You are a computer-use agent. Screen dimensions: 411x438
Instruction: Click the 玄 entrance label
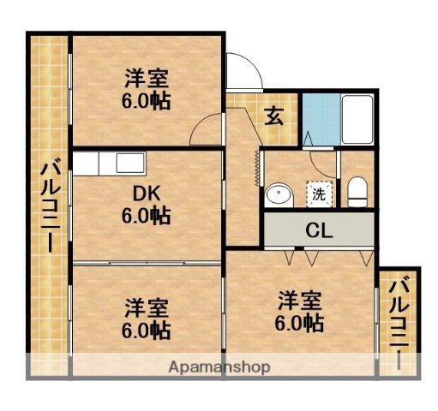coord(274,115)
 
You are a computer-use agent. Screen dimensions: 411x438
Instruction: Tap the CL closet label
coord(320,230)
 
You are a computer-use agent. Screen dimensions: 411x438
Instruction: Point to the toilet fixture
coord(357,192)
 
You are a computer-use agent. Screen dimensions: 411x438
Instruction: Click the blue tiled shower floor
coord(320,120)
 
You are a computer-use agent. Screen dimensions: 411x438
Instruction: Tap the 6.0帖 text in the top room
coord(146,101)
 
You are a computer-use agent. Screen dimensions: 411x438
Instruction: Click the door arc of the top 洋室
coord(206,130)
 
